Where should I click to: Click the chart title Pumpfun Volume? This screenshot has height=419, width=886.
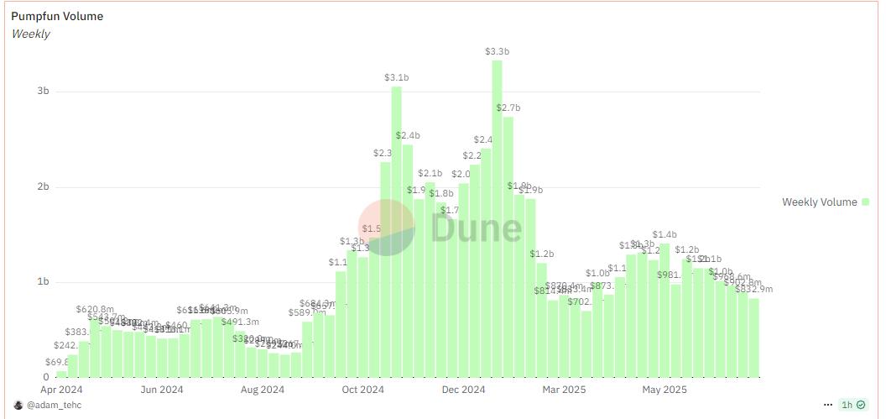(57, 16)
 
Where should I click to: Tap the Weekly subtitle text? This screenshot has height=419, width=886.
(31, 34)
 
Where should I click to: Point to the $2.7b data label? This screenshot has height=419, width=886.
(508, 107)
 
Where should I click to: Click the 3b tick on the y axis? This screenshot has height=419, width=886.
(43, 91)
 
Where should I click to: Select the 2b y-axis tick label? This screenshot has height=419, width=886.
(43, 186)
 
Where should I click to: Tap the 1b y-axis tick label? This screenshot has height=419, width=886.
(43, 281)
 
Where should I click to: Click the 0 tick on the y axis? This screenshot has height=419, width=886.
(45, 376)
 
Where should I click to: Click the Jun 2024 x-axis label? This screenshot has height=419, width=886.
(162, 390)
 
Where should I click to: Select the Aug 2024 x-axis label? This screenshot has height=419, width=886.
(262, 390)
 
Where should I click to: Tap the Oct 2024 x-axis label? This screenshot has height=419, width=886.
(362, 390)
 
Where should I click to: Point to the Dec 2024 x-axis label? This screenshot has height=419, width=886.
(463, 390)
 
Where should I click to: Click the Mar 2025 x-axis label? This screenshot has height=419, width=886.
(563, 390)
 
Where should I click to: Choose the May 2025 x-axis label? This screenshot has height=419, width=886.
(664, 390)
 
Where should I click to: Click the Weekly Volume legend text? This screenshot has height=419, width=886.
(819, 202)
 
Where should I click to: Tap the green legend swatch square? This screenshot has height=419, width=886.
(866, 202)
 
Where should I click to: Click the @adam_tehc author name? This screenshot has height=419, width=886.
(54, 405)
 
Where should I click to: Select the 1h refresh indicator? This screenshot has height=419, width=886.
(847, 405)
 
